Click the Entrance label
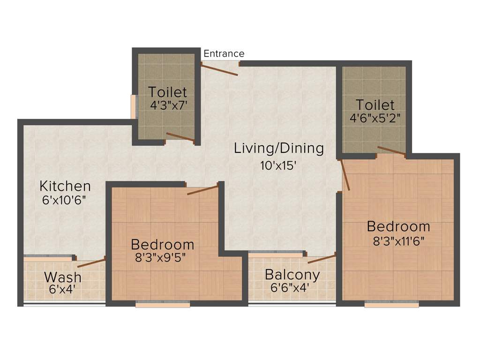(x=224, y=53)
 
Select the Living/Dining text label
(x=279, y=148)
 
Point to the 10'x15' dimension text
(x=279, y=165)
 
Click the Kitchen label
(x=65, y=186)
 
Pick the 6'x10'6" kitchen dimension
(x=65, y=199)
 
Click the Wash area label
(x=62, y=277)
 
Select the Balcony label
(x=292, y=274)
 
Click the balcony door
(x=322, y=259)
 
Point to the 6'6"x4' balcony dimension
(x=290, y=287)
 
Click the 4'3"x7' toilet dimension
(x=169, y=105)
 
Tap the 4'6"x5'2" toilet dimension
(x=375, y=117)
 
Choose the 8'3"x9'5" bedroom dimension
(x=163, y=257)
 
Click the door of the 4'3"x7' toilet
(x=180, y=137)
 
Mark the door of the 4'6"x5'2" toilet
(x=391, y=150)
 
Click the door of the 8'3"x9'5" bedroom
(x=202, y=190)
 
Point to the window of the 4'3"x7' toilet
(x=134, y=107)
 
